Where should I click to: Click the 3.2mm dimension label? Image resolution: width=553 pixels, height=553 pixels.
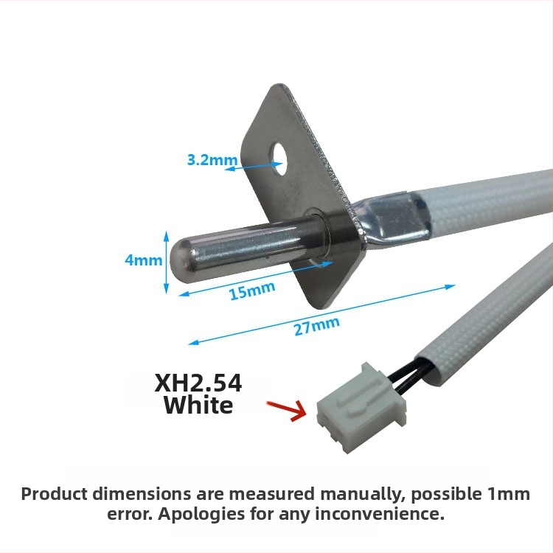[x=212, y=160]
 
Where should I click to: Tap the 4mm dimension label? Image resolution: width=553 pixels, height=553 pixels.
[x=144, y=260]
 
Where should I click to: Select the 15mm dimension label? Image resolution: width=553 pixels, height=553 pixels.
[x=252, y=291]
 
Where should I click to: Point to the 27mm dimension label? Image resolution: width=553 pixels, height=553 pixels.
[x=317, y=326]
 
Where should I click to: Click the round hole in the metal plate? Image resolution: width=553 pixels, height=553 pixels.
[x=279, y=159]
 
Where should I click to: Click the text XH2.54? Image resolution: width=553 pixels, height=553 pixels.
[x=198, y=383]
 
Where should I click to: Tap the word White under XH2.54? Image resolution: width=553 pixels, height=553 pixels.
[x=198, y=406]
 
